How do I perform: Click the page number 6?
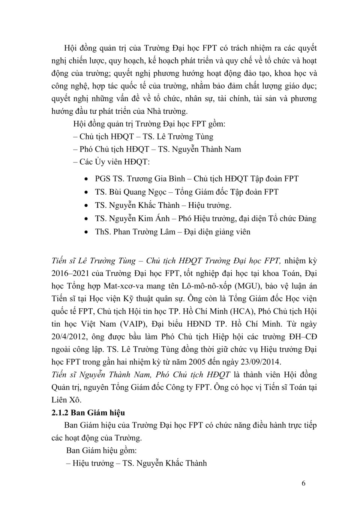[x=303, y=483]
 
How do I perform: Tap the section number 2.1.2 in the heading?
[x=60, y=413]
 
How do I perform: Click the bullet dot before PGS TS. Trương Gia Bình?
[x=87, y=179]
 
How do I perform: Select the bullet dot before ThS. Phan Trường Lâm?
[x=87, y=232]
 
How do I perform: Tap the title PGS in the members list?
[x=102, y=179]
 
